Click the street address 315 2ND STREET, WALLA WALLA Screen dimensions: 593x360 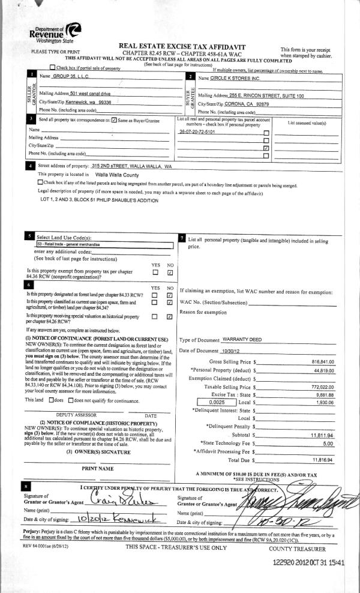[128, 166]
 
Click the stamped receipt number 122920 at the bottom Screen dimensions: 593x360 [286, 562]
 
